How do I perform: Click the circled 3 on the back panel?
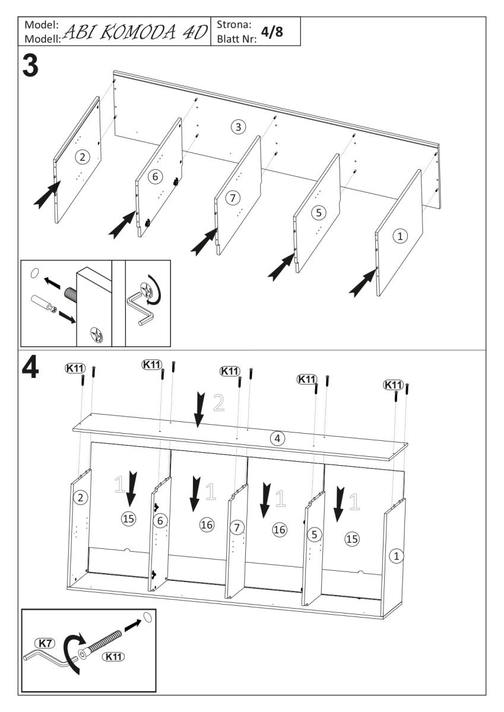click(237, 127)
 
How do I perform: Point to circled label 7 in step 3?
click(232, 196)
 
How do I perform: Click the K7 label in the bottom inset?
click(45, 643)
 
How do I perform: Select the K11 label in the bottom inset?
click(113, 657)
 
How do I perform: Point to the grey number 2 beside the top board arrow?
click(218, 403)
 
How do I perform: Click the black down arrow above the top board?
click(199, 408)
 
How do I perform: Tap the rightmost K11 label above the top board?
click(393, 385)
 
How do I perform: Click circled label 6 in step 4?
click(160, 520)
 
